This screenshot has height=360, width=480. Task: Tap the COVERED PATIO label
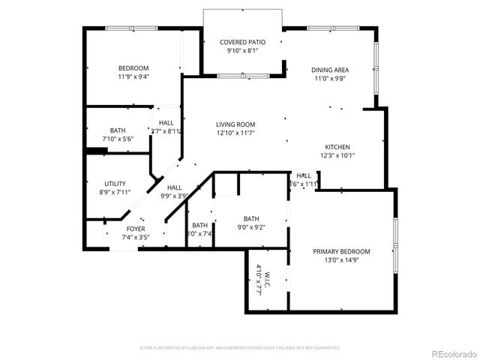pyautogui.click(x=243, y=43)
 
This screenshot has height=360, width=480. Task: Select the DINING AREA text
pyautogui.click(x=330, y=70)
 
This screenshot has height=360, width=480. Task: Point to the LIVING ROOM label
pyautogui.click(x=235, y=124)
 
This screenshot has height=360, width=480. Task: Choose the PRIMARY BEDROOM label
pyautogui.click(x=341, y=251)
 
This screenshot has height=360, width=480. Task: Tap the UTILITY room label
pyautogui.click(x=115, y=184)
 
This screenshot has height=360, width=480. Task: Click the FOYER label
pyautogui.click(x=136, y=229)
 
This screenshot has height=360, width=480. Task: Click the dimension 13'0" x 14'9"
pyautogui.click(x=341, y=260)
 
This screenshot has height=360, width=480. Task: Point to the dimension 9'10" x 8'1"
pyautogui.click(x=243, y=52)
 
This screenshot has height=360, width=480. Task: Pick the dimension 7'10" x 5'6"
pyautogui.click(x=118, y=139)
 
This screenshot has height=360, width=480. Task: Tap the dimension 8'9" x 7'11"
pyautogui.click(x=115, y=193)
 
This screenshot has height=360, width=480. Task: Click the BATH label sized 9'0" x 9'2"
pyautogui.click(x=250, y=218)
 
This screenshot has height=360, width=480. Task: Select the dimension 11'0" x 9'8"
pyautogui.click(x=330, y=79)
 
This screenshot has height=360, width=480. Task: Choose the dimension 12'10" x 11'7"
pyautogui.click(x=235, y=133)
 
